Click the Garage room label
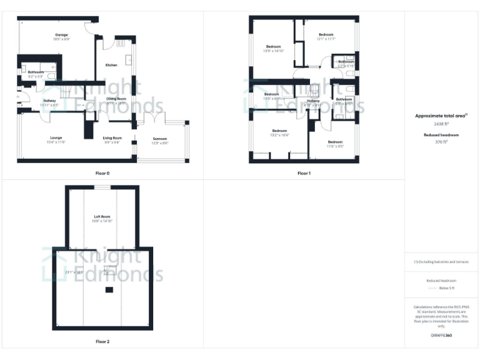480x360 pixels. pos(61,35)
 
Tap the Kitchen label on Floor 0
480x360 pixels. pos(111,65)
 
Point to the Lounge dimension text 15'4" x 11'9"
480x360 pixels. pos(56,142)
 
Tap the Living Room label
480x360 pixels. pos(112,137)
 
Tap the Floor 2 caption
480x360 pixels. pos(102,342)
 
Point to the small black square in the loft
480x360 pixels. pos(109,290)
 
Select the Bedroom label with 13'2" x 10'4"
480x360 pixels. pos(279,131)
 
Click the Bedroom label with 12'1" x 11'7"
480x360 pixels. pos(326,34)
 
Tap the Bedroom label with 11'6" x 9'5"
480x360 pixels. pos(336,142)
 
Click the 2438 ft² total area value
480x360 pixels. pos(441,124)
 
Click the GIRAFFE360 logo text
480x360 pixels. pos(441,336)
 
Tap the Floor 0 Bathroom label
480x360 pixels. pos(36,72)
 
